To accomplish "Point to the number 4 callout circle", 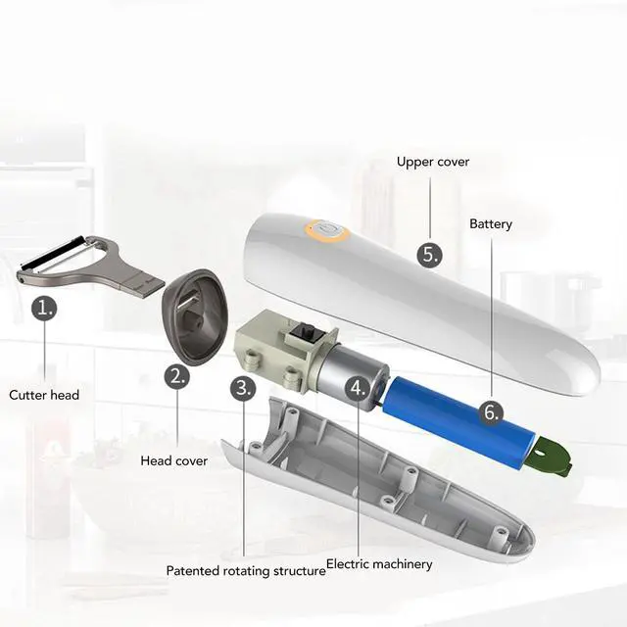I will (359, 388).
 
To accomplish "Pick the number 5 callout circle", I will (429, 256).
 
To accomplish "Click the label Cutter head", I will (44, 395).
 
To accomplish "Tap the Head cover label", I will (174, 460).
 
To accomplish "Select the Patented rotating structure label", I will (245, 570).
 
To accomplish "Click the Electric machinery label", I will (379, 564).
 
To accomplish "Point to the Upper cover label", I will (433, 162).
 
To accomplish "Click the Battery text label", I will (491, 224).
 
